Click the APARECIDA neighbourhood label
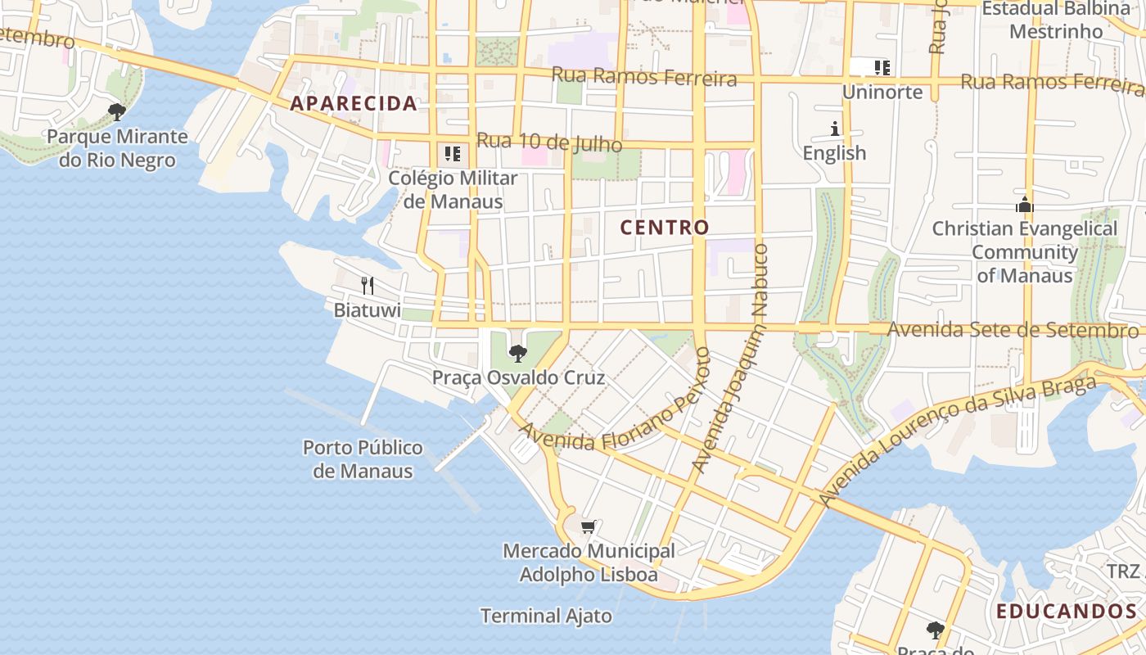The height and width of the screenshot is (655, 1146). click(354, 103)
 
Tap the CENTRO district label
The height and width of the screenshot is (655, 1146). click(664, 228)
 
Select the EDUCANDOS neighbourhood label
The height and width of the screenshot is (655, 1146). click(1066, 611)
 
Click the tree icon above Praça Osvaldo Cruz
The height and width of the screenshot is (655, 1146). click(517, 354)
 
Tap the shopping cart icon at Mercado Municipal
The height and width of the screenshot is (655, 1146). click(588, 526)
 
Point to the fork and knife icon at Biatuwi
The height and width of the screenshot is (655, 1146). click(368, 285)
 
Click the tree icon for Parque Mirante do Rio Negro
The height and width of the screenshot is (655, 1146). click(117, 111)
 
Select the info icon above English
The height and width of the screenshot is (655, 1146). click(835, 129)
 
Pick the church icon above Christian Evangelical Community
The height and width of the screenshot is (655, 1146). click(1024, 205)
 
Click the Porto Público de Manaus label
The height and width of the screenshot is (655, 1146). click(363, 458)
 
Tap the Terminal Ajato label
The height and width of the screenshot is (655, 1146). click(546, 616)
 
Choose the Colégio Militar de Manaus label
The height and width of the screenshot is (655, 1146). click(453, 189)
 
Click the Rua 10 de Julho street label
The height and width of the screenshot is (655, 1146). click(548, 142)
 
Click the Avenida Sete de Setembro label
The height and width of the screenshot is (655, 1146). click(1013, 330)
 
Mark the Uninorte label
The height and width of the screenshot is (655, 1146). click(882, 92)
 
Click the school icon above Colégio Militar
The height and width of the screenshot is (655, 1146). click(452, 153)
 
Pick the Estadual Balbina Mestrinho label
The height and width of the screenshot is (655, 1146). click(1056, 20)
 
